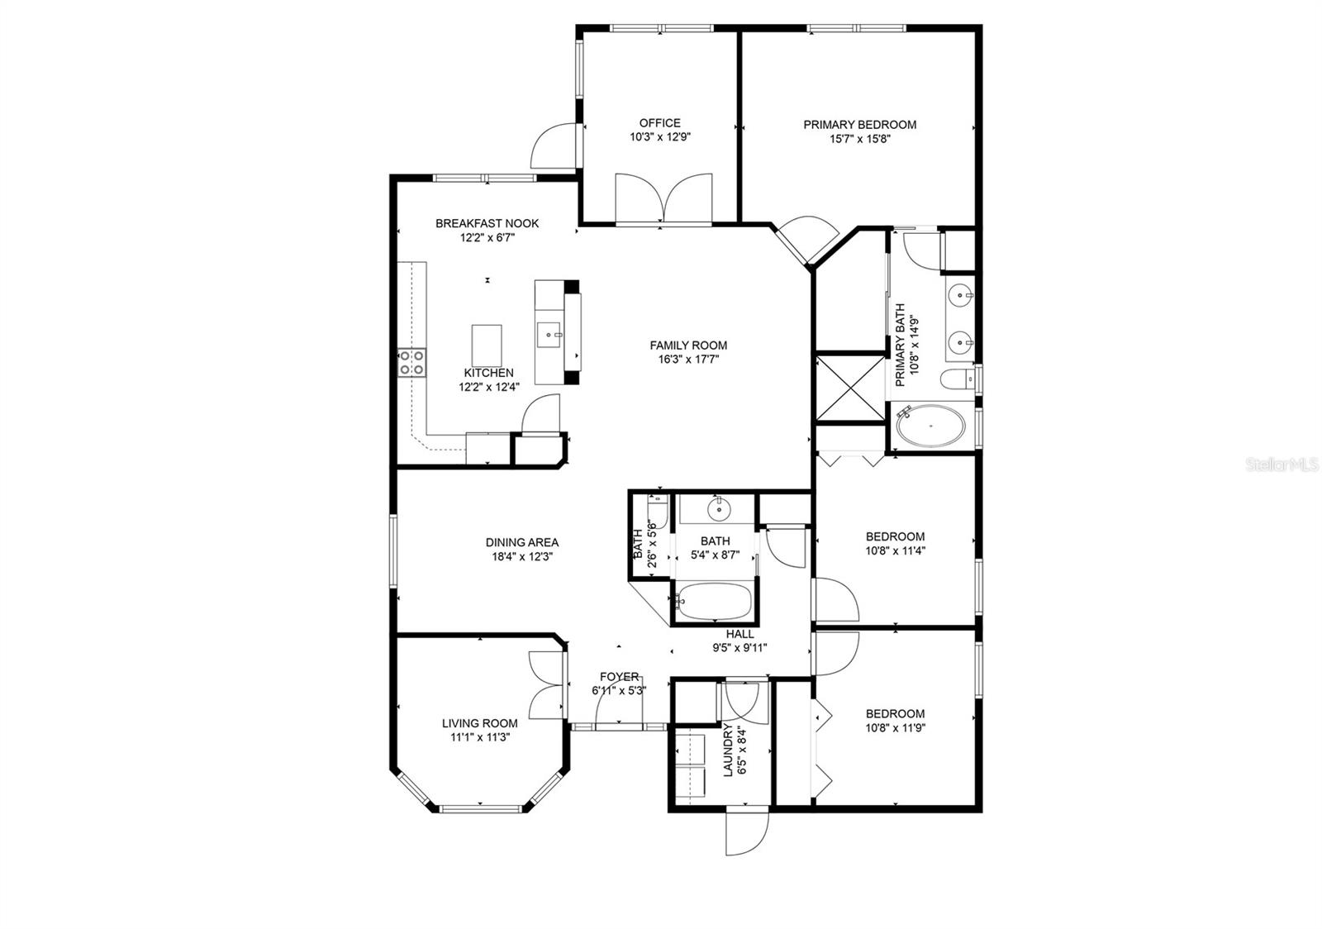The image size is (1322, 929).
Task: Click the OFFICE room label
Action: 659,123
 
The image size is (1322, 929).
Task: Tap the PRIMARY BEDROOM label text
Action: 859,125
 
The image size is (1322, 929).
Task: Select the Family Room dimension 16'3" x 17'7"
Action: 687,360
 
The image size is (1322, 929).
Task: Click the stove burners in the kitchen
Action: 412,363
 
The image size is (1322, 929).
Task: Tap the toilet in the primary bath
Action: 958,380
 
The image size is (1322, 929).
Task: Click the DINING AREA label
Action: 521,542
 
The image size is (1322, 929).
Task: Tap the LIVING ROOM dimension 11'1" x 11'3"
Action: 479,737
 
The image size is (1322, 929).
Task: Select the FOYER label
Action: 619,676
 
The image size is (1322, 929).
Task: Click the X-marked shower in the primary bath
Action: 851,388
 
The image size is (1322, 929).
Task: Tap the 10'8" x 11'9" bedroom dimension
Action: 895,728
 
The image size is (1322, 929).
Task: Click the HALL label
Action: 739,634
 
